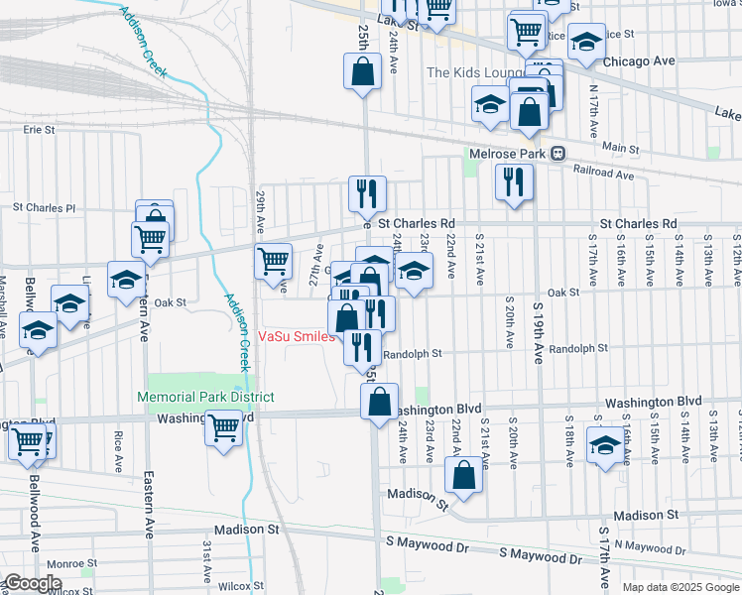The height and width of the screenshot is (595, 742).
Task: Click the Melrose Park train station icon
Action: click(x=558, y=154)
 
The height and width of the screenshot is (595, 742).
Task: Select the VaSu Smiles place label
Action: click(x=295, y=336)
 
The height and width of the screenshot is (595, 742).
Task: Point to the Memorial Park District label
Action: click(x=205, y=397)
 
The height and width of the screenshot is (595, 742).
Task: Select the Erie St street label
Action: click(x=39, y=129)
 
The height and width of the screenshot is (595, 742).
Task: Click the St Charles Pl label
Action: click(x=44, y=208)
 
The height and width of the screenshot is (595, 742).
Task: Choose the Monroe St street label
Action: click(x=71, y=563)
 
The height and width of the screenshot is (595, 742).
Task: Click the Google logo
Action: click(x=33, y=584)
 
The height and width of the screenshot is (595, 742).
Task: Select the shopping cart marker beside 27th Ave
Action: click(x=273, y=261)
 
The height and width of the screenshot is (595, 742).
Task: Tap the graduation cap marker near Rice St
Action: click(x=587, y=42)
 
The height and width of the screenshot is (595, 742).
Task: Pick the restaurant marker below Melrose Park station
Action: click(x=513, y=181)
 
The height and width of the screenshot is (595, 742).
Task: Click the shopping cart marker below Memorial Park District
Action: click(x=224, y=427)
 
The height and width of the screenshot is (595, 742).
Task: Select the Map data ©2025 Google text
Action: click(x=680, y=587)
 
